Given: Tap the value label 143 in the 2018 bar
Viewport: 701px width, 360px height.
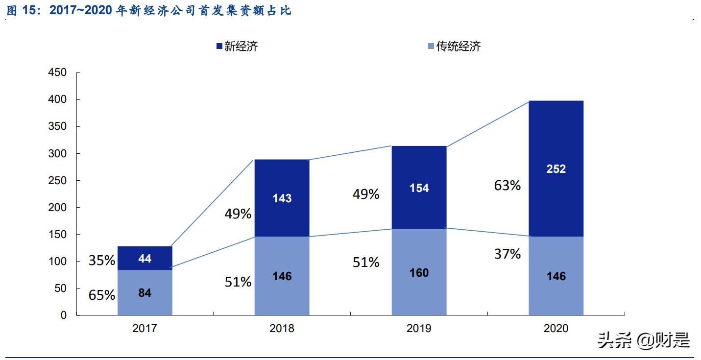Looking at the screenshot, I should [x=282, y=198].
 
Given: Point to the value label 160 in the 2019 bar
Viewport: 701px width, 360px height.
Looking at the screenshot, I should [x=419, y=273].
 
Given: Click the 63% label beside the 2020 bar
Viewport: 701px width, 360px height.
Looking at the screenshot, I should [x=508, y=186].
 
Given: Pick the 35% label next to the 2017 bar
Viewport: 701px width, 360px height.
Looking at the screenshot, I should [x=102, y=261].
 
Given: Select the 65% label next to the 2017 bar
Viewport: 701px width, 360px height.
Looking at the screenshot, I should [x=102, y=295].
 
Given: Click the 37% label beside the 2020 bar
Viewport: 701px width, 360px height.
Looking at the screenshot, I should [x=508, y=254].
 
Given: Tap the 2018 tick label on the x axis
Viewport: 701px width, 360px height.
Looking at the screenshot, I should [x=282, y=329].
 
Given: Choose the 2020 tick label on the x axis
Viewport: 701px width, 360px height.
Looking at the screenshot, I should [x=556, y=329].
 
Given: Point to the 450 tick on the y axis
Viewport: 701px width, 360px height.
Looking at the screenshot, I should [x=57, y=73].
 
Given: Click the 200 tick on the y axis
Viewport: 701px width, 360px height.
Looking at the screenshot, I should [x=57, y=208].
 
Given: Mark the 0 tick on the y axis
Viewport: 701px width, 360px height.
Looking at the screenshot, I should [x=64, y=315].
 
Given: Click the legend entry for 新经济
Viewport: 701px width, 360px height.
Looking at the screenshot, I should [x=237, y=47].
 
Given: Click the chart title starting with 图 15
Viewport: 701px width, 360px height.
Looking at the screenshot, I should [x=149, y=11].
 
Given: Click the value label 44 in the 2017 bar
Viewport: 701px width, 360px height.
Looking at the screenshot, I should [x=145, y=259].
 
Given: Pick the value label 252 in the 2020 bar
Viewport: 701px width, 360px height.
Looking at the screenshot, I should [x=556, y=169].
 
